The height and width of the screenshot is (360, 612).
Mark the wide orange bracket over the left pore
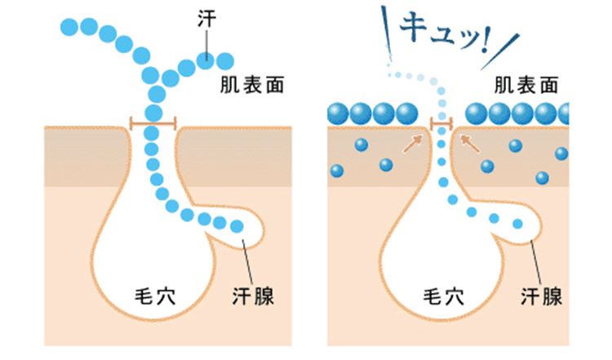point(153,124)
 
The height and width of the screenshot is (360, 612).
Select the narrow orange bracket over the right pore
point(441,126)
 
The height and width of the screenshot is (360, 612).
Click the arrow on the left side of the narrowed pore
point(414,145)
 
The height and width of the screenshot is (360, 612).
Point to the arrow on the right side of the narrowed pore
point(468,144)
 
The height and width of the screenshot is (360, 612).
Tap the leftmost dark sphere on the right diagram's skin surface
point(336,113)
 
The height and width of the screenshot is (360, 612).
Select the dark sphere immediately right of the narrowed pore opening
point(477,113)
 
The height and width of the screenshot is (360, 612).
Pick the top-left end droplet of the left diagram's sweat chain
point(69,26)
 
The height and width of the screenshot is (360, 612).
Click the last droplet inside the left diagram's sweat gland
point(237,226)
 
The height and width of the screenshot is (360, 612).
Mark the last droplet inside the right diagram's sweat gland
point(516,223)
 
